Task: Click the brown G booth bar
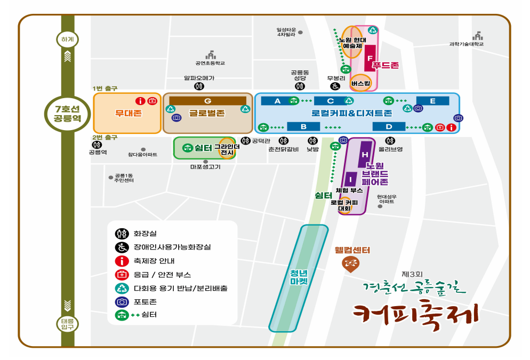207,101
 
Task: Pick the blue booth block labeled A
277,101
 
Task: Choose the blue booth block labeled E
432,101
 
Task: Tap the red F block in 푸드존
370,58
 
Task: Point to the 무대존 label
128,113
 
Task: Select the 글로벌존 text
207,113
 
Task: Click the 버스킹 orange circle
361,83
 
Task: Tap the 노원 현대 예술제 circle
352,42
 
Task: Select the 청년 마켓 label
299,277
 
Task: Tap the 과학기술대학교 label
466,44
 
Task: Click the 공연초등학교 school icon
210,55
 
